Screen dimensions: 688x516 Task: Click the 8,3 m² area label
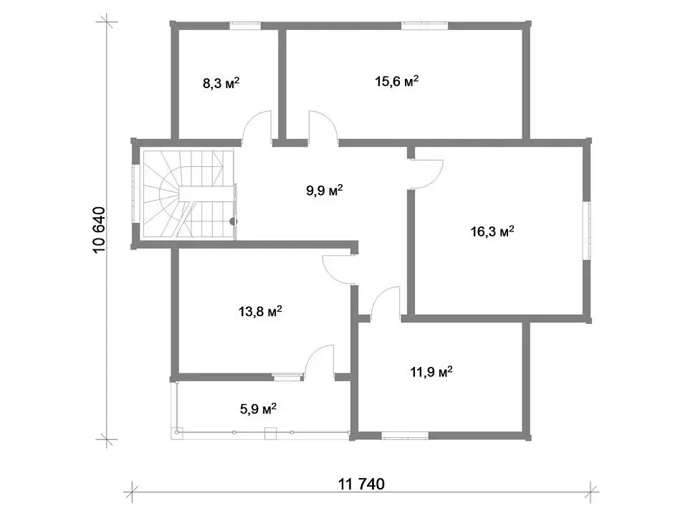coord(221,83)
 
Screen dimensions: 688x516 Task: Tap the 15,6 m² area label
coord(396,81)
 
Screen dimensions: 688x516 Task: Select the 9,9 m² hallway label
coord(324,191)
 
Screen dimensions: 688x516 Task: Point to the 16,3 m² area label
coord(492,231)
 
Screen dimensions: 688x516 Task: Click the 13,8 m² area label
coord(260,312)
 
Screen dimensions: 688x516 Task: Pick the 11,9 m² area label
coord(431,372)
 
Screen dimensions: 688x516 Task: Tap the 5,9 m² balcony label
coord(258,409)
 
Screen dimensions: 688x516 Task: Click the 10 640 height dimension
coord(100,229)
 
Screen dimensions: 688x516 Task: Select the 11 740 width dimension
coord(361,484)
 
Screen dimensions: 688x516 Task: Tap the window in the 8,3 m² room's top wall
coord(245,26)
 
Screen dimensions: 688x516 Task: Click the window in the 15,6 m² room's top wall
coord(425,26)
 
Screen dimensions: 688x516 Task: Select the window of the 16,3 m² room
coord(587,231)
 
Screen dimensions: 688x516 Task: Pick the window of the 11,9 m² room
coord(404,436)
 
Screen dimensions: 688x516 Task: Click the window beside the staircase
coord(135,194)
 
